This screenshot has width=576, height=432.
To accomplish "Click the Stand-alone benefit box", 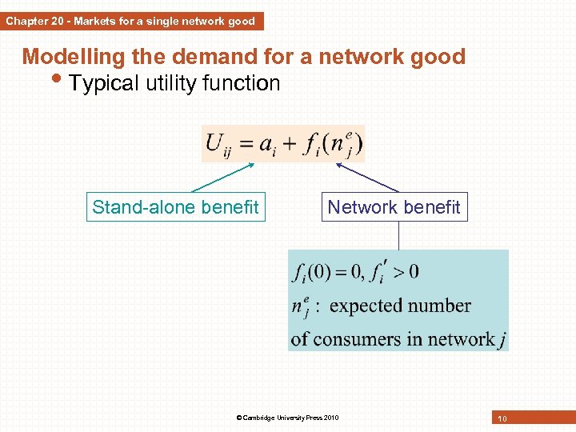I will click(x=175, y=207).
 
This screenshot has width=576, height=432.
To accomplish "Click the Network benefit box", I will click(x=394, y=207).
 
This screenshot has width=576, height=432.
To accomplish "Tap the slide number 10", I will click(x=502, y=418).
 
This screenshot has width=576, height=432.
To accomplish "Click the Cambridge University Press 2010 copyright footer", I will click(x=287, y=418).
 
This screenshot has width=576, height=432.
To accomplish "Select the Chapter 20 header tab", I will click(x=130, y=22).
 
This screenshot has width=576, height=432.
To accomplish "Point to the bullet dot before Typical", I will click(x=62, y=81).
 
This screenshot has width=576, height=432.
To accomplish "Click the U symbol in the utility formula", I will click(x=214, y=143).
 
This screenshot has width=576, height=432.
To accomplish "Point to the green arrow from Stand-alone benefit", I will click(x=224, y=177).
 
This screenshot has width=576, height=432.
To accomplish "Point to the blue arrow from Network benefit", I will click(x=366, y=177).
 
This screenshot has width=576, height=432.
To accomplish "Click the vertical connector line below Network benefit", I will click(x=398, y=235).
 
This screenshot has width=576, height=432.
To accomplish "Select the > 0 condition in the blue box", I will click(x=404, y=272).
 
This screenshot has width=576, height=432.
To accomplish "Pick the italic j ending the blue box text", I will click(x=502, y=340).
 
